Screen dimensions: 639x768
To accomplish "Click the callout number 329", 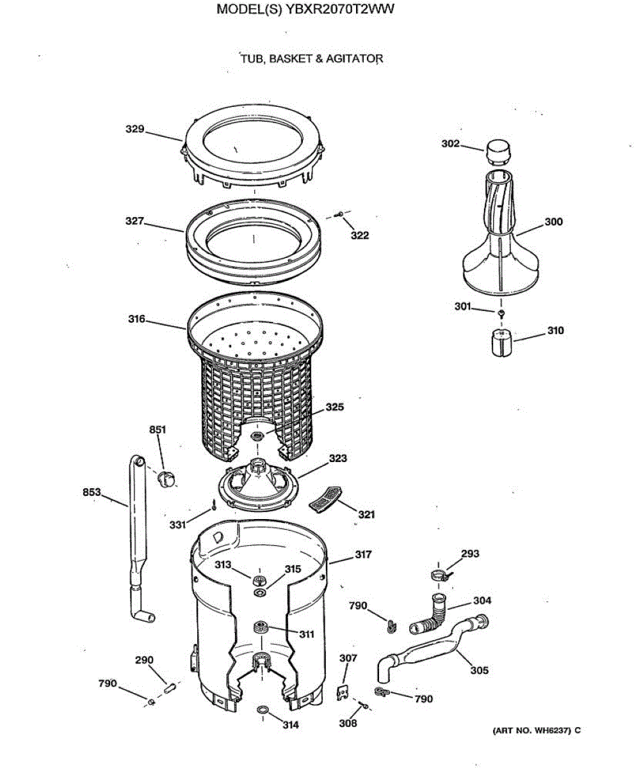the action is [x=134, y=129].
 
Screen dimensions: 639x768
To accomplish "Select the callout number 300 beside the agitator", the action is [x=553, y=222].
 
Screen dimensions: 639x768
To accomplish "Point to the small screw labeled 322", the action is [x=340, y=216].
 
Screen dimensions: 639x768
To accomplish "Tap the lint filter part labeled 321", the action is [x=325, y=498].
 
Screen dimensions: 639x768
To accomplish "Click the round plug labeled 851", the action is [x=166, y=477].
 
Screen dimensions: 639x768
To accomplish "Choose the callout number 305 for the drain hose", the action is [x=479, y=671].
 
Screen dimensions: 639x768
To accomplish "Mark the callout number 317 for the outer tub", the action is [x=362, y=555].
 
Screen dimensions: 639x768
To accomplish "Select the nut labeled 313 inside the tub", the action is [x=259, y=580].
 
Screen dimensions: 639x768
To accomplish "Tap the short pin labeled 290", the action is [x=170, y=688].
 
